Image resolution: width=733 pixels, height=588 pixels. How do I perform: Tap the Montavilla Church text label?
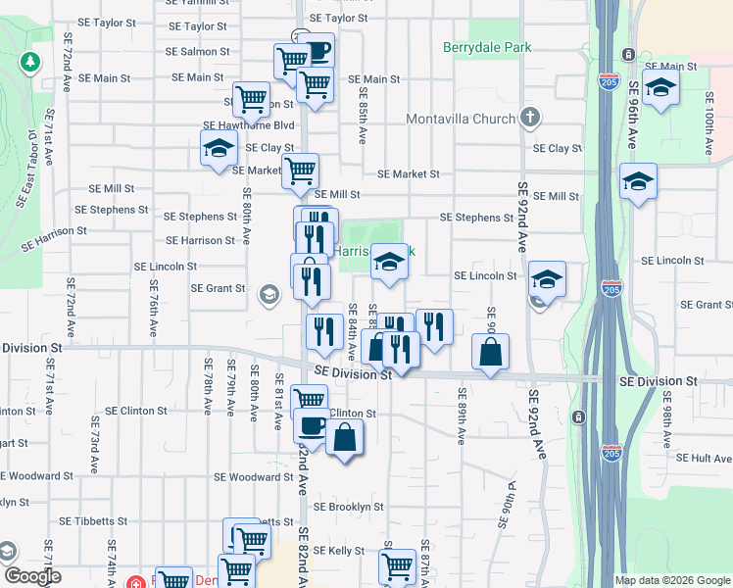[x=461, y=120]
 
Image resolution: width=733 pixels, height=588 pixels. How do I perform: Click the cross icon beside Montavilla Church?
[x=529, y=119]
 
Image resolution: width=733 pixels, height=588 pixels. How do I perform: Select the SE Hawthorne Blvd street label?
[x=249, y=125]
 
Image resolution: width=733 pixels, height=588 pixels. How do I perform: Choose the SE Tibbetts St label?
[x=93, y=521]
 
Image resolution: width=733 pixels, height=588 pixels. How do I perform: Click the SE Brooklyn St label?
[x=349, y=507]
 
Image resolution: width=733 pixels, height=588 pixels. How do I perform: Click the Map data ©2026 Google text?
[x=671, y=580]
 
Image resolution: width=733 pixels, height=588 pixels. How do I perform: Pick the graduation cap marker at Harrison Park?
[x=389, y=262]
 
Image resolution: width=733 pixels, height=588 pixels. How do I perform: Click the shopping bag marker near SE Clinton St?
[x=345, y=437]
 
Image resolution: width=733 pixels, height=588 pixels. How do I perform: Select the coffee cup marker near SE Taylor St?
[x=317, y=49]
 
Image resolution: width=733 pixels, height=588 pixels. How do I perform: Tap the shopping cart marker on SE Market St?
[x=300, y=171]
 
